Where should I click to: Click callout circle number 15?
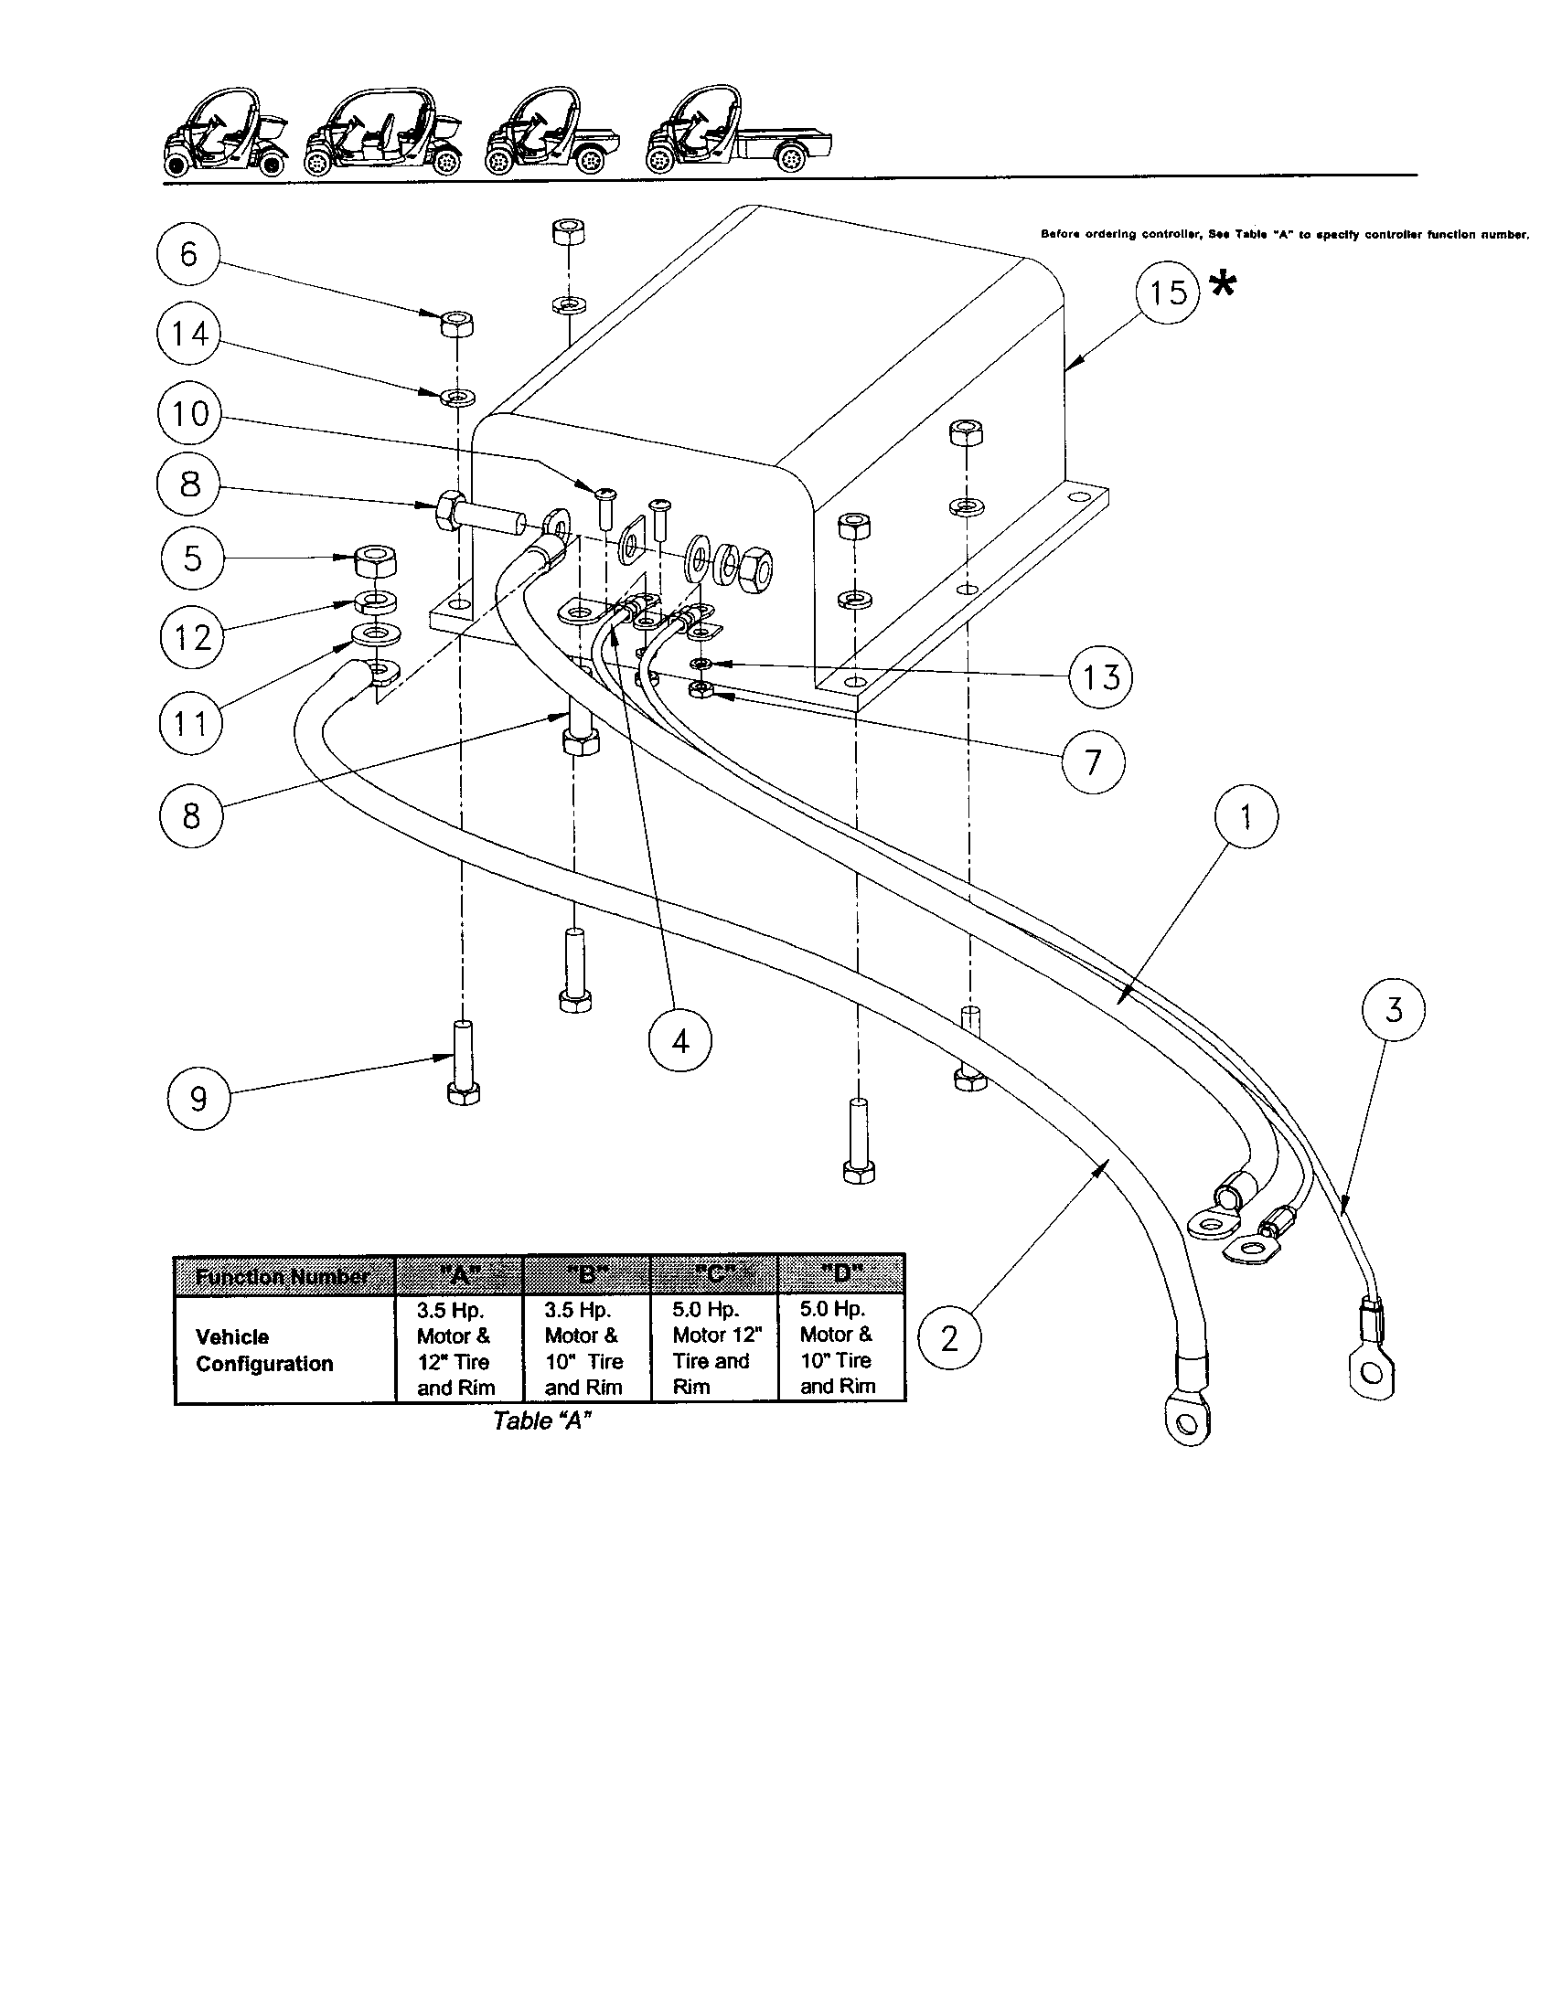pyautogui.click(x=1168, y=293)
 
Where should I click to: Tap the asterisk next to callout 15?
pyautogui.click(x=1222, y=286)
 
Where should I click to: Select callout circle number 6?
pyautogui.click(x=188, y=254)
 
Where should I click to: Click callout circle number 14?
pyautogui.click(x=188, y=334)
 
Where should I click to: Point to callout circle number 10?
pyautogui.click(x=189, y=413)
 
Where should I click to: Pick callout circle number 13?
pyautogui.click(x=1101, y=677)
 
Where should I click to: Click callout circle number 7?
pyautogui.click(x=1093, y=761)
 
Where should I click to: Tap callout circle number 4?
pyautogui.click(x=680, y=1041)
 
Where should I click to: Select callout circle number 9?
pyautogui.click(x=198, y=1099)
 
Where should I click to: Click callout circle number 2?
pyautogui.click(x=949, y=1338)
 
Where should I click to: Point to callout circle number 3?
pyautogui.click(x=1393, y=1010)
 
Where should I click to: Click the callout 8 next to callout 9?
pyautogui.click(x=190, y=814)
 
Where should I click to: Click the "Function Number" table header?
pyautogui.click(x=283, y=1276)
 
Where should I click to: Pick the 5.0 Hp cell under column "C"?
pyautogui.click(x=714, y=1348)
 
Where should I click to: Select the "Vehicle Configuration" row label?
pyautogui.click(x=264, y=1350)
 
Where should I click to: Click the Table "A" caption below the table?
pyautogui.click(x=540, y=1420)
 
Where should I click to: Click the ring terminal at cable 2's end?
pyautogui.click(x=1186, y=1419)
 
